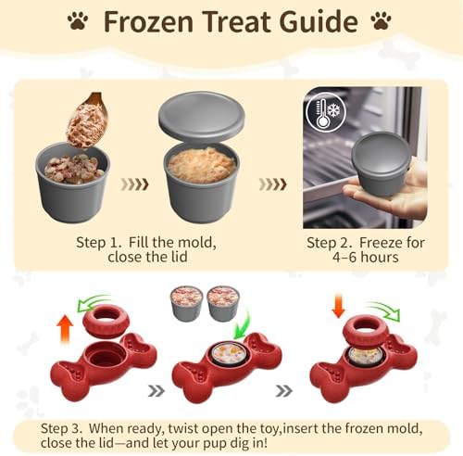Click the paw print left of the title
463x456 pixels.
pyautogui.click(x=78, y=20)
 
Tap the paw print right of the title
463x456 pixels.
pyautogui.click(x=382, y=20)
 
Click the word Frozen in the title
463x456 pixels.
pyautogui.click(x=148, y=21)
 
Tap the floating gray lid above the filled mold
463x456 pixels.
pyautogui.click(x=202, y=116)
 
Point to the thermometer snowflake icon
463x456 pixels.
pyautogui.click(x=326, y=112)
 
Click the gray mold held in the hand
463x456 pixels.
pyautogui.click(x=382, y=163)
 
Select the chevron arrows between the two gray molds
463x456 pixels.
pyautogui.click(x=134, y=184)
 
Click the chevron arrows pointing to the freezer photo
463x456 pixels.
pyautogui.click(x=273, y=184)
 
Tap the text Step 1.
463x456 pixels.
pyautogui.click(x=99, y=243)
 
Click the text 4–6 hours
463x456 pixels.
pyautogui.click(x=366, y=257)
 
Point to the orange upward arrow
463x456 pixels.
pyautogui.click(x=66, y=328)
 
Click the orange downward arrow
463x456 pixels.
pyautogui.click(x=339, y=306)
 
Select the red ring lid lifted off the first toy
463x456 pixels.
pyautogui.click(x=106, y=321)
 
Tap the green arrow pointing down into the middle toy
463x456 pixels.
pyautogui.click(x=244, y=323)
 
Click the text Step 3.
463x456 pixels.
pyautogui.click(x=61, y=428)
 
